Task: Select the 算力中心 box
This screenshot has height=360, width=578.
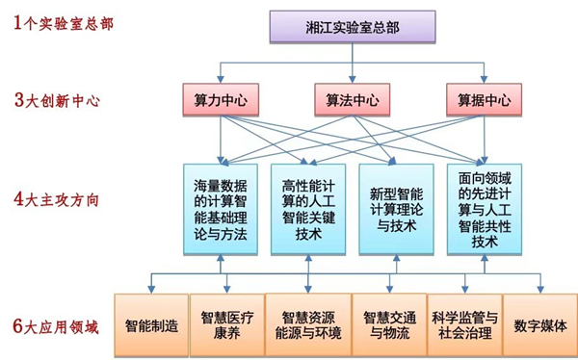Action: [x=221, y=98]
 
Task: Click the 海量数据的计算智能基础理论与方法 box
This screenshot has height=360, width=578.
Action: [x=221, y=209]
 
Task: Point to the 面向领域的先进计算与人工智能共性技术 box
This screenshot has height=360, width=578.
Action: [x=486, y=209]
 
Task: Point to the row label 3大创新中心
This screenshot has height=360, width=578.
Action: [x=57, y=99]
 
